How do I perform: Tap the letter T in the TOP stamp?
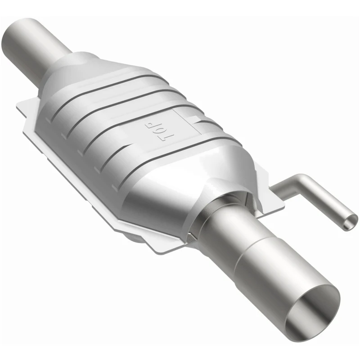158,137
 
